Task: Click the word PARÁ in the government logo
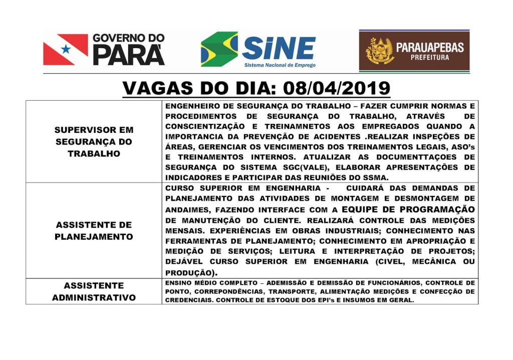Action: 128,55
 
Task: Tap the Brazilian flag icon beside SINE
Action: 219,49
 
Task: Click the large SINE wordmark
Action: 279,49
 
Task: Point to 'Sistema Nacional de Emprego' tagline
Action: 280,65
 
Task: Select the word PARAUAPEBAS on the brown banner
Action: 430,48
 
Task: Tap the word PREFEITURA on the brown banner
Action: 430,58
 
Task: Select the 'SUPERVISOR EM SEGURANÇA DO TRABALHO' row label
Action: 94,141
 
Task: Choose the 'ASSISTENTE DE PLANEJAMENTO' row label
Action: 94,230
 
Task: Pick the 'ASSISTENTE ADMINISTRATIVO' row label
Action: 94,291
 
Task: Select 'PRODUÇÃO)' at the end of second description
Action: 191,273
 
